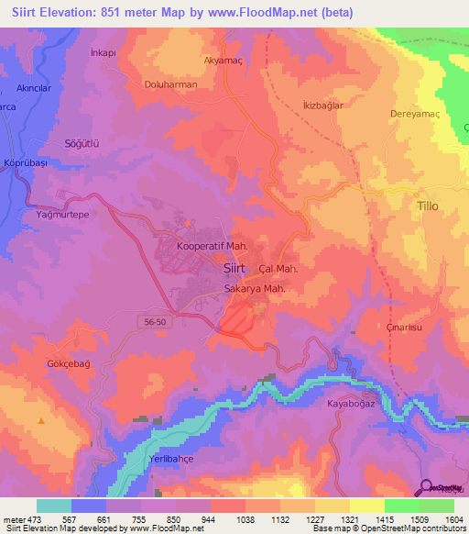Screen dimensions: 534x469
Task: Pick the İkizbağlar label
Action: tap(322, 106)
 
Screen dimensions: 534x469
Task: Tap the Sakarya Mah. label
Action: tap(257, 288)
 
